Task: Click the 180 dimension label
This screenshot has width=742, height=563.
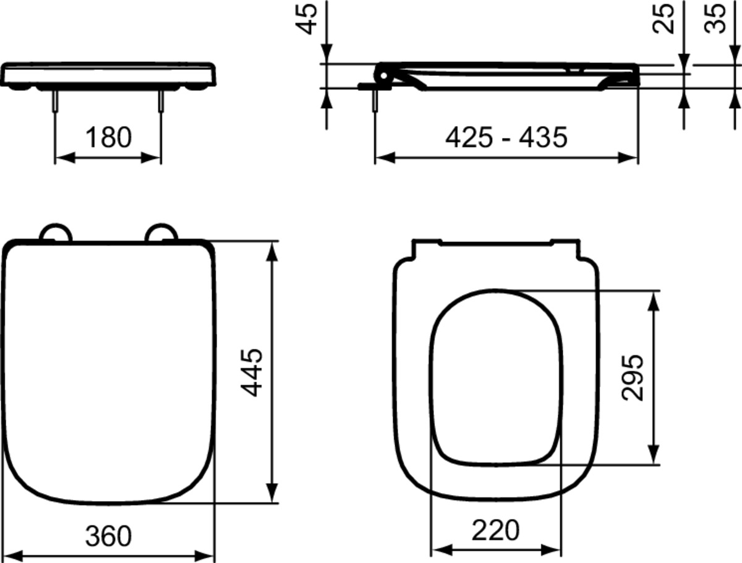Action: point(108,137)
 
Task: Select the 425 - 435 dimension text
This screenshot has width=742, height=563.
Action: point(506,137)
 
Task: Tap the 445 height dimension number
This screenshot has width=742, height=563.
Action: point(252,372)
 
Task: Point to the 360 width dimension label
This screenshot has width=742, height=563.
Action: point(108,535)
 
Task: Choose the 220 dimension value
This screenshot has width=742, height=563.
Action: point(496,530)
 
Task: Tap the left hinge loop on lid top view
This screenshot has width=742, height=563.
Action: point(56,233)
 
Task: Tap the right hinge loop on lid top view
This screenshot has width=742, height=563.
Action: point(162,233)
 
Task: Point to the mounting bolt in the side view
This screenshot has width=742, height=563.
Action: point(375,101)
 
